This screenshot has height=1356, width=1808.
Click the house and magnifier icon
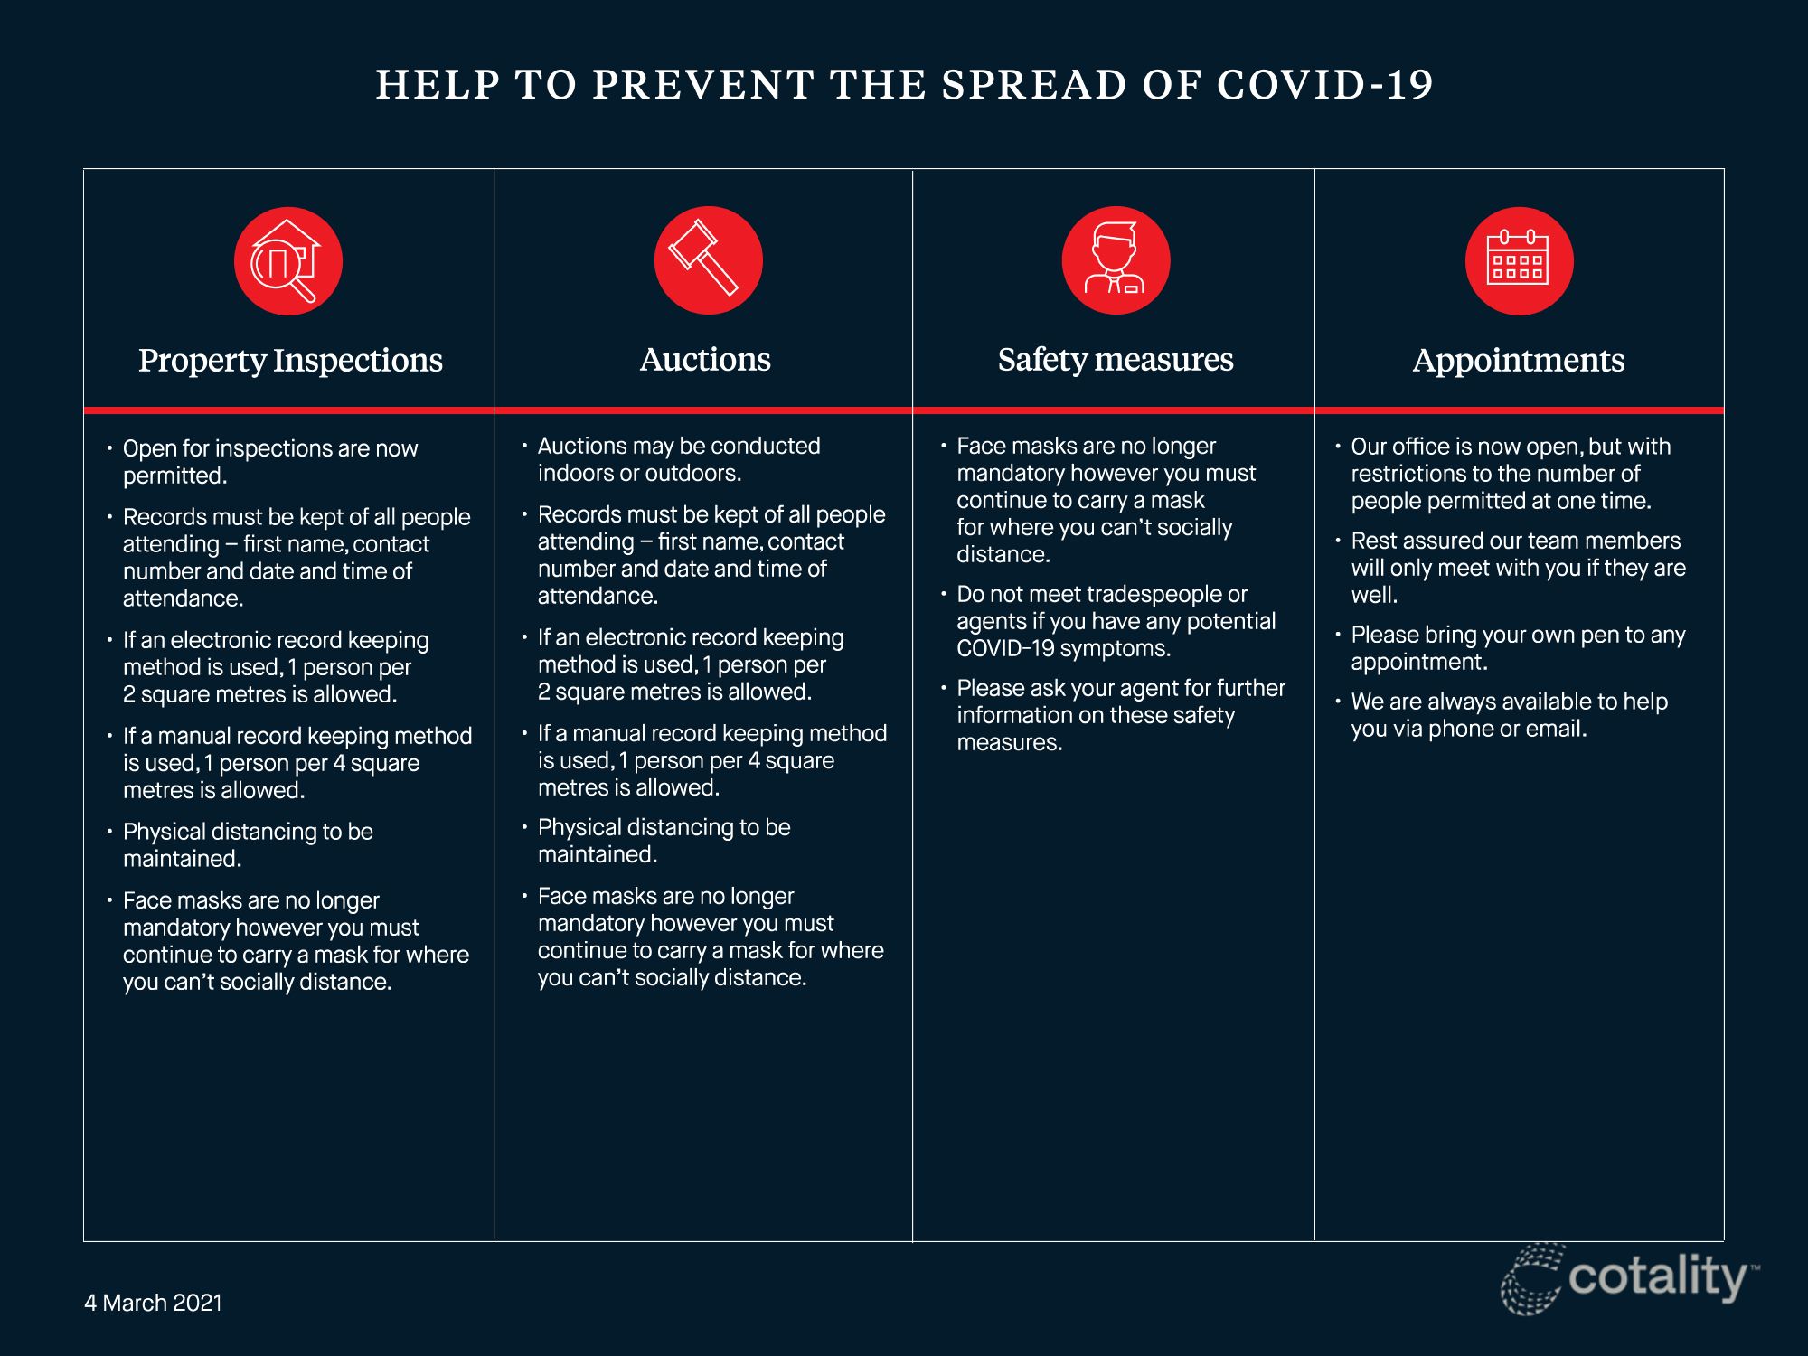pos(288,261)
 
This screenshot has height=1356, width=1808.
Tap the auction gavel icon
pos(709,260)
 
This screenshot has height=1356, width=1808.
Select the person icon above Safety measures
pos(1116,260)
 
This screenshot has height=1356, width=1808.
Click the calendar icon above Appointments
pos(1520,260)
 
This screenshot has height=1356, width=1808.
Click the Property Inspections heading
pos(290,360)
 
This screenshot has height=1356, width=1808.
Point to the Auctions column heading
pos(705,359)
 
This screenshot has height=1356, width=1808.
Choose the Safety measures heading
pos(1116,360)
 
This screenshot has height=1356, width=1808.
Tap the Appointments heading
pos(1519,360)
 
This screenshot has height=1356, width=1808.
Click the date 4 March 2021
pos(153,1303)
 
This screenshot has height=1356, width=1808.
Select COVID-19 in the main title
pos(1325,85)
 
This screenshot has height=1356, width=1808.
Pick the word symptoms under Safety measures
pos(1116,649)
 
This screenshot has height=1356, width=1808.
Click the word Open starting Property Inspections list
pos(149,449)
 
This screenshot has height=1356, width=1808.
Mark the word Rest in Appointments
pos(1374,541)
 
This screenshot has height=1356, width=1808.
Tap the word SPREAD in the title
pos(1033,85)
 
